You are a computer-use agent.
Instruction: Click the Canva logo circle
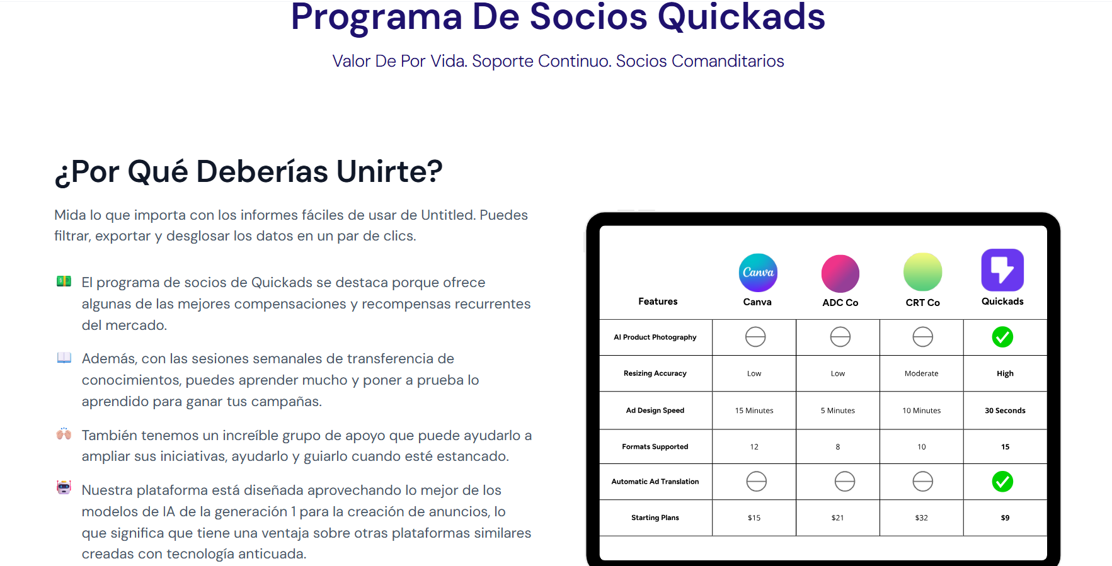(757, 273)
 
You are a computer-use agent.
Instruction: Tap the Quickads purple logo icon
(1002, 270)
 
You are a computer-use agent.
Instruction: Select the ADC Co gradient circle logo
(840, 274)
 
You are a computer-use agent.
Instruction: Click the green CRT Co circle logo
(922, 272)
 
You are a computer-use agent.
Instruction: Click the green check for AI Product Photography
(1002, 337)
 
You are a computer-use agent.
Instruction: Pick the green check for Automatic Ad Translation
(1002, 482)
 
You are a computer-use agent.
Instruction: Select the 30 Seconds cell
(1005, 410)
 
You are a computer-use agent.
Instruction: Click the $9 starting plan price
(1005, 518)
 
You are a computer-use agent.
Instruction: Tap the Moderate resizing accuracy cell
(921, 373)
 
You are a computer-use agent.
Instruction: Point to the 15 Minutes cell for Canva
(754, 410)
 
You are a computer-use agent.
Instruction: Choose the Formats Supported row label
(655, 446)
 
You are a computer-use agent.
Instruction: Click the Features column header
(658, 302)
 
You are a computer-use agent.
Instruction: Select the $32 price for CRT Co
(921, 518)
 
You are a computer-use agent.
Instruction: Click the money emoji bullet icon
(64, 281)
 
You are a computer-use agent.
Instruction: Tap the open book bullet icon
(64, 358)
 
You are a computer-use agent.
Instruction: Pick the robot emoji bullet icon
(64, 487)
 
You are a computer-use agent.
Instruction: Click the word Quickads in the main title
(741, 17)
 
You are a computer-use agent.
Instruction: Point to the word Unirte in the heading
(389, 171)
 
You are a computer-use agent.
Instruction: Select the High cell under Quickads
(1005, 373)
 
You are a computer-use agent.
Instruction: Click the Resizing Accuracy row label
(655, 373)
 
